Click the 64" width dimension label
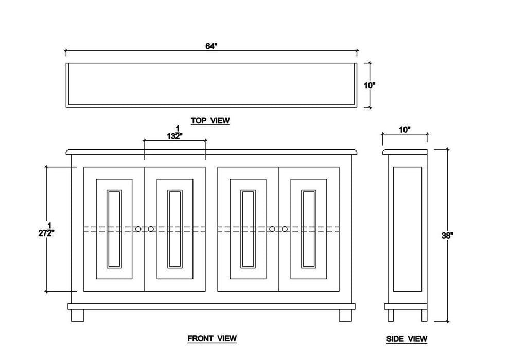pyautogui.click(x=211, y=46)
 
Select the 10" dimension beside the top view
pyautogui.click(x=370, y=85)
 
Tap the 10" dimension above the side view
pyautogui.click(x=405, y=130)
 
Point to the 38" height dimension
pyautogui.click(x=447, y=236)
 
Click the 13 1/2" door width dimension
pyautogui.click(x=175, y=133)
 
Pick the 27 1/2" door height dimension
pyautogui.click(x=46, y=229)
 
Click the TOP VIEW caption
pyautogui.click(x=210, y=121)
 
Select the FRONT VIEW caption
pyautogui.click(x=212, y=338)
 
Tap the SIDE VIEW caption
pyautogui.click(x=407, y=339)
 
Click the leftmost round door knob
pyautogui.click(x=138, y=229)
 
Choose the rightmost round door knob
pyautogui.click(x=285, y=229)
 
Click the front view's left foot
pyautogui.click(x=77, y=315)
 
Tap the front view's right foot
pyautogui.click(x=345, y=315)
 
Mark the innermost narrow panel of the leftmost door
pyautogui.click(x=114, y=229)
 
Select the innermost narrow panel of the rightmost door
pyautogui.click(x=309, y=229)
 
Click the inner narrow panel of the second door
pyautogui.click(x=175, y=229)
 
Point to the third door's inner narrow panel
pyautogui.click(x=248, y=229)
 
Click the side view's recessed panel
pyautogui.click(x=408, y=229)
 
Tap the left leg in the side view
pyautogui.click(x=391, y=315)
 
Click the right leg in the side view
pyautogui.click(x=424, y=315)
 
